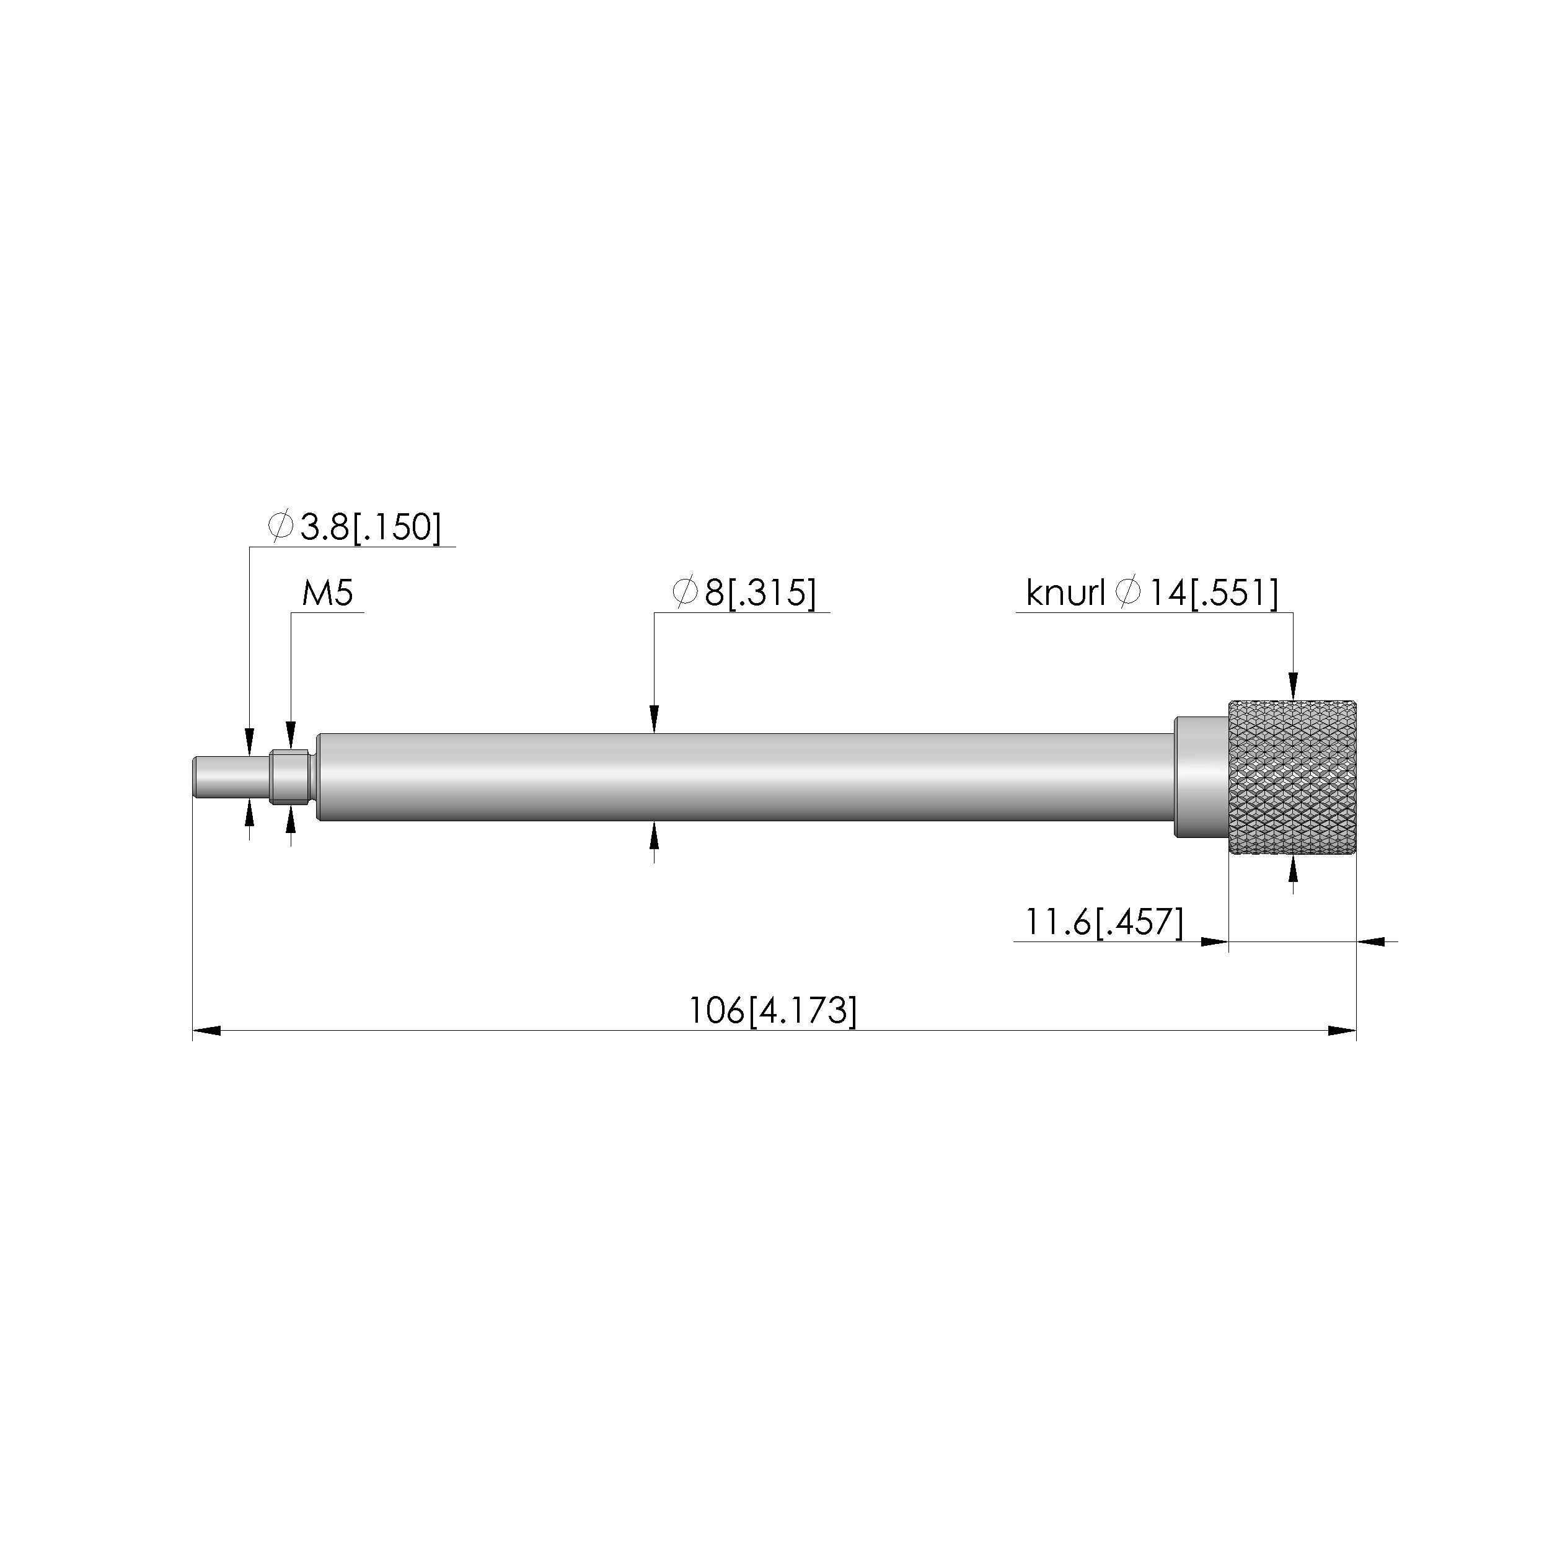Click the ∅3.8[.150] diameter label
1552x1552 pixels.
355,527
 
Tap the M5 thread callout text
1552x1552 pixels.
327,594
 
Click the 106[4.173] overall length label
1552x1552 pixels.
773,1010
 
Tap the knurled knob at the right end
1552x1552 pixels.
1292,778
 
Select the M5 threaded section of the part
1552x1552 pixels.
290,777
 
